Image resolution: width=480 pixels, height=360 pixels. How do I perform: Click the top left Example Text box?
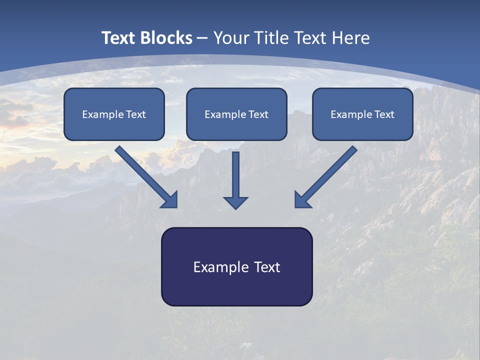114,114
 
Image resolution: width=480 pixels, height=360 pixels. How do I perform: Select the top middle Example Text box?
236,114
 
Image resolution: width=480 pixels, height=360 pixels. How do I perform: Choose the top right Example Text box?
362,114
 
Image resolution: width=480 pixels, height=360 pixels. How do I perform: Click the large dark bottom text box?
236,266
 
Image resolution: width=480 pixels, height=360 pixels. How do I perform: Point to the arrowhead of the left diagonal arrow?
170,200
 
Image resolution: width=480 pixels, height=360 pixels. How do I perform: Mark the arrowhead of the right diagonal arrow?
301,200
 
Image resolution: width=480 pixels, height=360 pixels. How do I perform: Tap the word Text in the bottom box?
266,267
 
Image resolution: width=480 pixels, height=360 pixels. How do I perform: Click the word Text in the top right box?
384,114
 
